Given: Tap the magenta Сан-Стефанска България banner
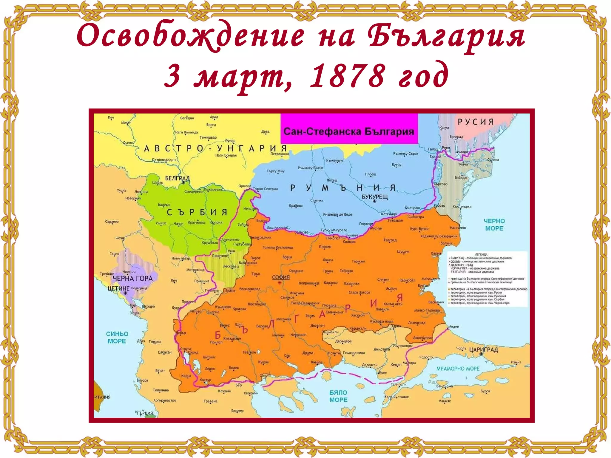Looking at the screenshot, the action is coord(349,131).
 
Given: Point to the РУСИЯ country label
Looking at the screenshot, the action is coord(476,122).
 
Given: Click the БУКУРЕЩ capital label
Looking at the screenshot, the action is coord(375,197).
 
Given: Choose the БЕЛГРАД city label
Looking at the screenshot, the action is coord(177,178).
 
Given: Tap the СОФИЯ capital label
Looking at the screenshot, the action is coord(281,277).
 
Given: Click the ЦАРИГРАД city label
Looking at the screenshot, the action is coord(484,349).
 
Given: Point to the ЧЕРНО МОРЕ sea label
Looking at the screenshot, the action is coord(494,225).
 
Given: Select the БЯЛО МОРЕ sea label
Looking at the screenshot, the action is coord(338,396).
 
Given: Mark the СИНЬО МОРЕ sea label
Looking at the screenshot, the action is coord(117,337).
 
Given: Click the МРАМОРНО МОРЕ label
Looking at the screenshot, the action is coord(458,369).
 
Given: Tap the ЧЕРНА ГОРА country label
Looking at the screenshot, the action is coord(132,278).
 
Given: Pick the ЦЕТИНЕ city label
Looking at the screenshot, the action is coord(118,288).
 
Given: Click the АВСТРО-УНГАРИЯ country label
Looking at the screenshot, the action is coord(215,148).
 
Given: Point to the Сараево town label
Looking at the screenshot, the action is coord(112,222).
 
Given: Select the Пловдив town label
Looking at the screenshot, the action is coord(329,306).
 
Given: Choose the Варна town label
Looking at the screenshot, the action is coord(436,253).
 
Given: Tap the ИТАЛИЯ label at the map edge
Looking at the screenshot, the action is coord(102,397).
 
